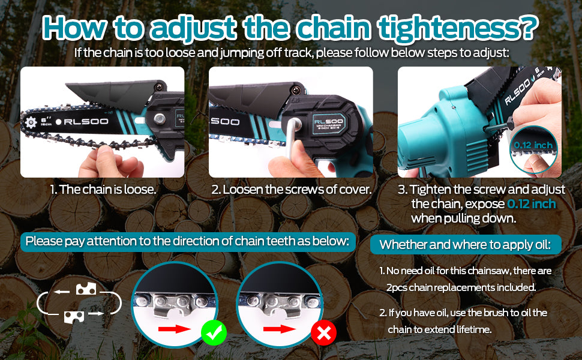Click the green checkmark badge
tap(214, 333)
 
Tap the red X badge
tap(323, 333)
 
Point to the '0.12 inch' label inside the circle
tap(533, 145)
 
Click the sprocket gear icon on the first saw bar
tap(31, 122)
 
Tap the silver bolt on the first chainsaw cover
tap(160, 119)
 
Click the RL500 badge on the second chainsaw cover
tap(328, 124)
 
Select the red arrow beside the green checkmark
tap(175, 329)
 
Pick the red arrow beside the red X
tap(280, 329)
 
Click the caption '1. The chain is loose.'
tap(103, 189)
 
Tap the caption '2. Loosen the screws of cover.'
tap(292, 189)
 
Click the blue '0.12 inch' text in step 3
tap(531, 204)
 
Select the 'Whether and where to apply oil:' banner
tap(466, 245)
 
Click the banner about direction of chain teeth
tap(188, 242)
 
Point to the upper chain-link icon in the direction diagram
tap(86, 289)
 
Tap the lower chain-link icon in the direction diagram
tap(74, 317)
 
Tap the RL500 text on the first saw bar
tap(86, 121)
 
